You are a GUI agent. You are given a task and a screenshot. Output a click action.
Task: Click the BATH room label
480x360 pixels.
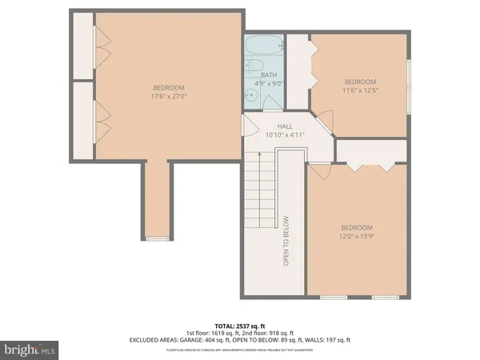coord(268,75)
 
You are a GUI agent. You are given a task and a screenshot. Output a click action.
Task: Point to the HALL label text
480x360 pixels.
coord(285,126)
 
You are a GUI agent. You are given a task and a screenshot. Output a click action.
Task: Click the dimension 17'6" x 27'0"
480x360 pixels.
coord(169,96)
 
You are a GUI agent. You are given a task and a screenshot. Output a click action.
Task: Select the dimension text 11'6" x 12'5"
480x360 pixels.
coord(360,90)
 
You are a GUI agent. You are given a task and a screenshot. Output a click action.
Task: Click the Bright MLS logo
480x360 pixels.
coord(30,350)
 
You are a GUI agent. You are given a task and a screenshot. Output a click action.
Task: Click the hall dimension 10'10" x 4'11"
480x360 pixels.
coord(285,134)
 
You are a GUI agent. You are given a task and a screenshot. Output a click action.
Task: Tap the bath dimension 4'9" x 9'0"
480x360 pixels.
coord(268,82)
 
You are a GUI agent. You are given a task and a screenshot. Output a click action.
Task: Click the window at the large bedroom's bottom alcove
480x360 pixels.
coord(158,238)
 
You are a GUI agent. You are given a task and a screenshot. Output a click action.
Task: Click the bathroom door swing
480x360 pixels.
coord(250,126)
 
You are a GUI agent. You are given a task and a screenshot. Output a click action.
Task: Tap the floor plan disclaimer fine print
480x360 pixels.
coord(240,350)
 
